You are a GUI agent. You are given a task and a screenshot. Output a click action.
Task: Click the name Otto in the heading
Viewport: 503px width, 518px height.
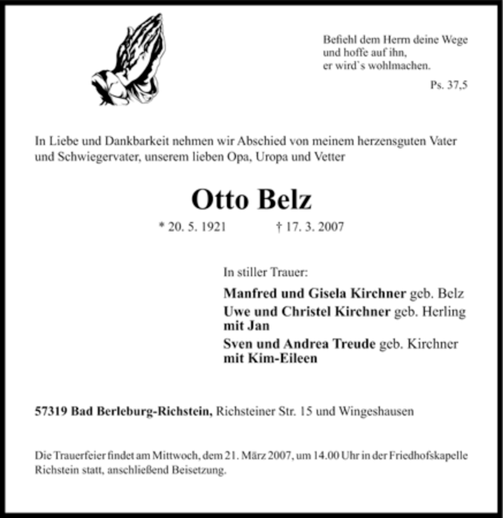(x=220, y=199)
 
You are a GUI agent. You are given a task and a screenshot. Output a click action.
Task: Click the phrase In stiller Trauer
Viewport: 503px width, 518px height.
(x=265, y=273)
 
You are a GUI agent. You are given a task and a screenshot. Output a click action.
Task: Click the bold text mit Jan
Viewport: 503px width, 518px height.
(x=246, y=326)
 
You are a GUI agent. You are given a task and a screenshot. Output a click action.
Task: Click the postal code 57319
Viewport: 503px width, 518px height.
(x=51, y=412)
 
